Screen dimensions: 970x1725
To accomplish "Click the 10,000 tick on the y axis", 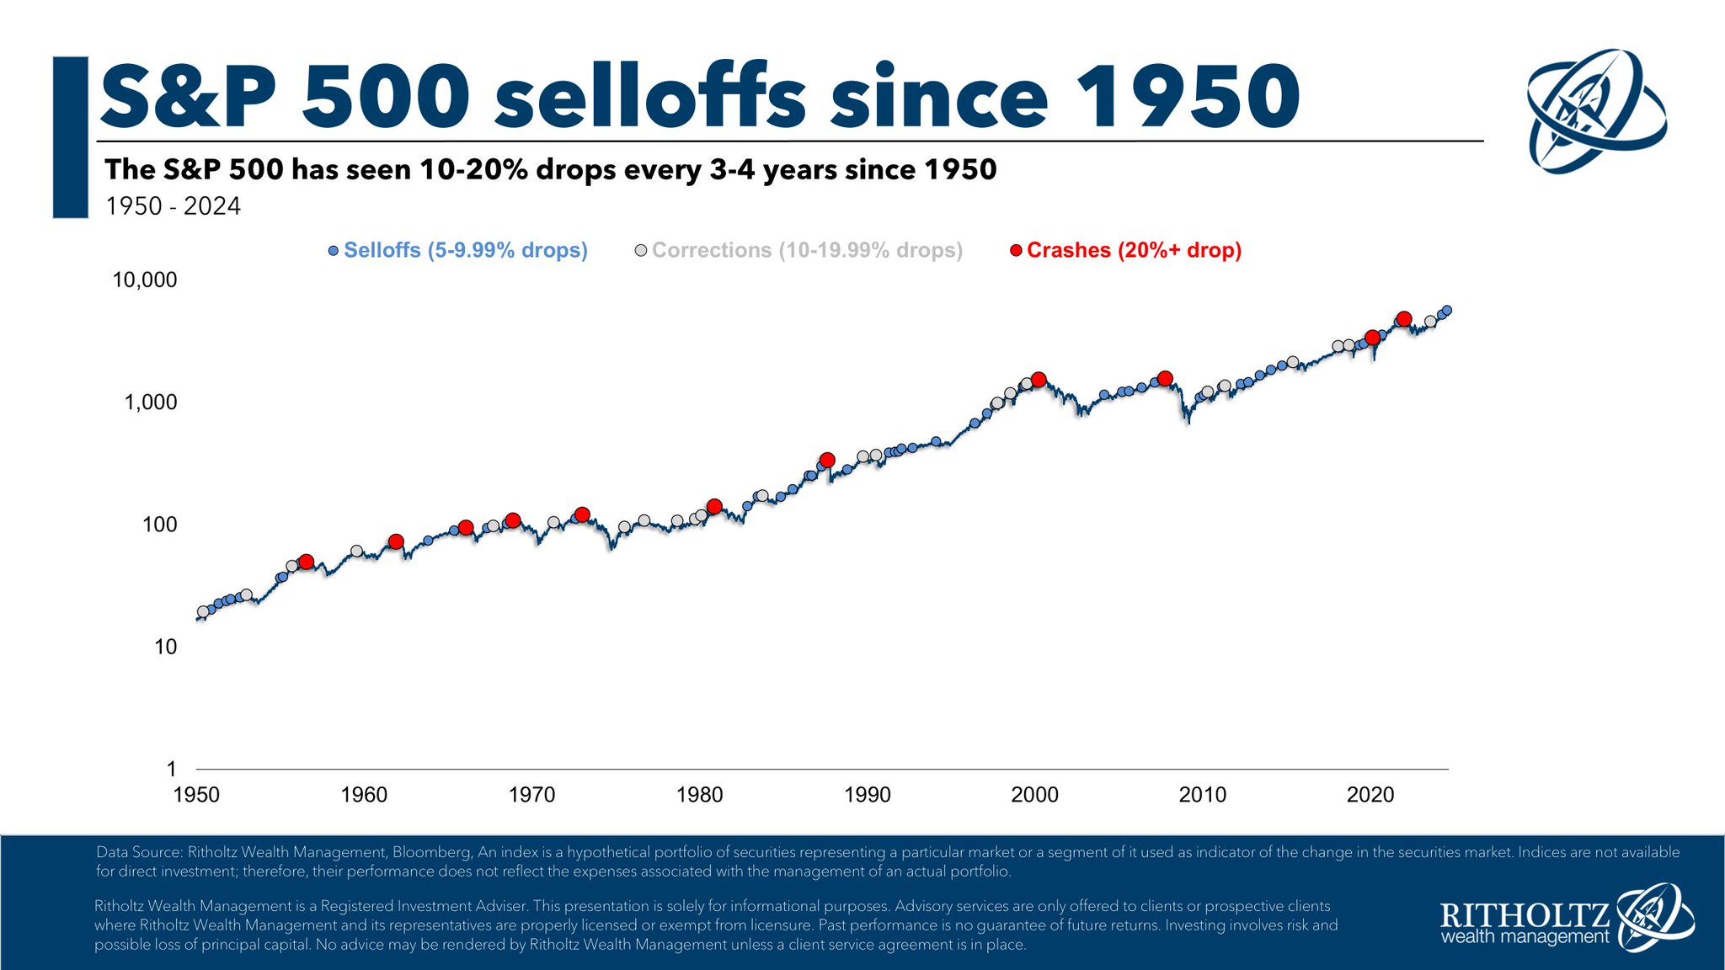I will tap(145, 280).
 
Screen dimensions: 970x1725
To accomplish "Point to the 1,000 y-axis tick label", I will tap(151, 402).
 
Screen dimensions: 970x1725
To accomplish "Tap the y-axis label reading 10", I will tap(166, 648).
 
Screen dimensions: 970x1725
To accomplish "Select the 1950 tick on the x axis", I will tap(196, 795).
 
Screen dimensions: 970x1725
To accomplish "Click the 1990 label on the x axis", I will tap(867, 795).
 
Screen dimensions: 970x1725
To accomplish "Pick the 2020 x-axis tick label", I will tap(1370, 795).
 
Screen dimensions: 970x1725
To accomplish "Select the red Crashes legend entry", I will tap(1133, 251).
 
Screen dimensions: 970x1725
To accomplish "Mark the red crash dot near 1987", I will tap(827, 460).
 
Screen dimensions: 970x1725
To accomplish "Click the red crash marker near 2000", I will tap(1039, 380).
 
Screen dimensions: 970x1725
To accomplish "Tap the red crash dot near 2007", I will tap(1165, 379).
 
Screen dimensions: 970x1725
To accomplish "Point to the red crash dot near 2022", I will tap(1404, 319).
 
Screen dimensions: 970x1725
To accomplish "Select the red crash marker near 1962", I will tap(396, 541).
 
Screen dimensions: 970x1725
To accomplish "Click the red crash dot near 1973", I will tap(582, 514).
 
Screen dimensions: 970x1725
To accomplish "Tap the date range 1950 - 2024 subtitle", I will tap(173, 206).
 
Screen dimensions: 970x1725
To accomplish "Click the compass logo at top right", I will tap(1596, 111).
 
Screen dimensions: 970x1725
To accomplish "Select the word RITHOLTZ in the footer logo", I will tap(1524, 915).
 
